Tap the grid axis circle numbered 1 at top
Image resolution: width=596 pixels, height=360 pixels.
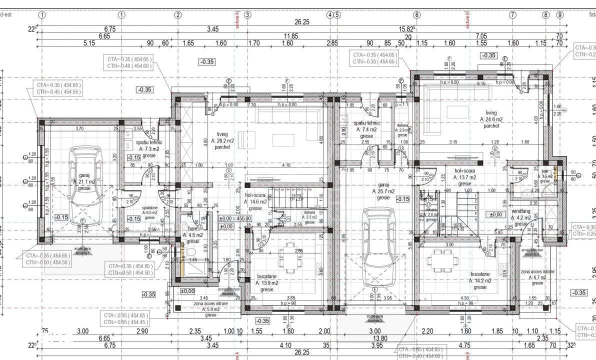click(42, 14)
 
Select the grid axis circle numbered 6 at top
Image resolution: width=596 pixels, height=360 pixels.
click(416, 14)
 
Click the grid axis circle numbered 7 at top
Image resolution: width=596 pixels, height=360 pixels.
click(512, 14)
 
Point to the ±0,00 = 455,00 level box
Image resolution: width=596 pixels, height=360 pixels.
click(235, 218)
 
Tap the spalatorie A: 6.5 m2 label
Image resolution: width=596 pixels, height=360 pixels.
click(149, 212)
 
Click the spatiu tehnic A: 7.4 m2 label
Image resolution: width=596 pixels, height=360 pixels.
click(366, 129)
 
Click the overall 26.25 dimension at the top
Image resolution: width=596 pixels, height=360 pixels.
click(302, 21)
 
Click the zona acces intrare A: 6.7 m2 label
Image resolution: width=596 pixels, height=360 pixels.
click(537, 277)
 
